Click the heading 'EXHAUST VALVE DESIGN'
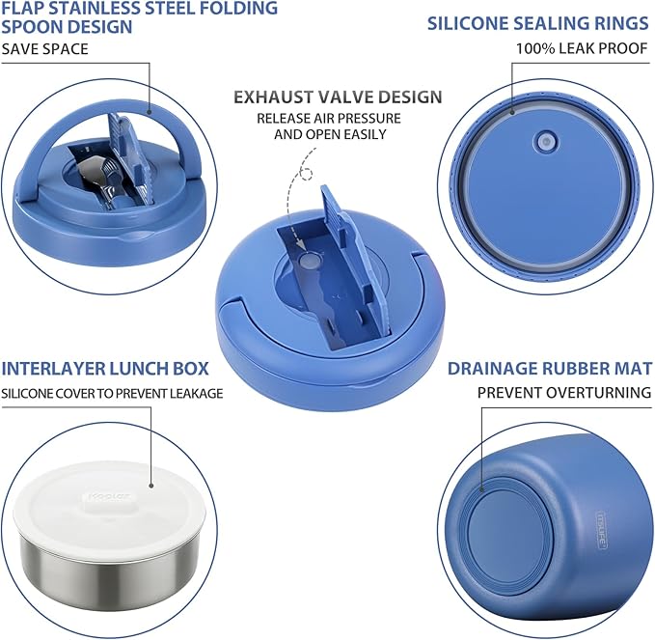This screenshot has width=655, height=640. (x=338, y=97)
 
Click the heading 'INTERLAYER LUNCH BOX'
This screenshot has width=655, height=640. (x=111, y=368)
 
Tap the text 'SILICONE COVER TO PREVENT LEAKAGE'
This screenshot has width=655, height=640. (x=112, y=393)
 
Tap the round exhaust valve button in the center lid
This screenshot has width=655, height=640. (x=310, y=261)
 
